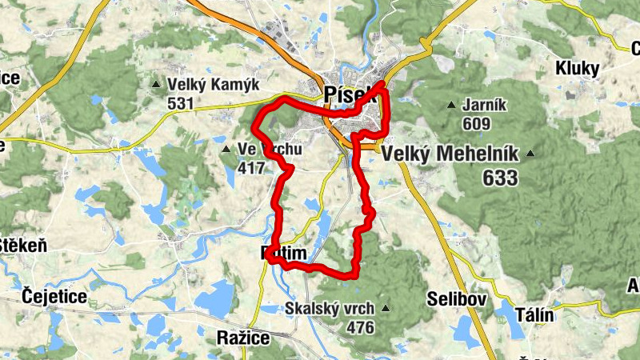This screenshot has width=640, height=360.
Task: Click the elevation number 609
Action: coord(475,123)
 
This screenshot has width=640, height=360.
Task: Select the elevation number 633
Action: coord(500,178)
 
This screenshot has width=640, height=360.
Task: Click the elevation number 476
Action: coord(360,327)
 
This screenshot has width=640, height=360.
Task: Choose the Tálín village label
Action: coord(530,314)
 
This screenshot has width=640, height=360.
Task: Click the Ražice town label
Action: coord(244,338)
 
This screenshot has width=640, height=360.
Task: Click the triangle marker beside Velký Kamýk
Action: coord(156,83)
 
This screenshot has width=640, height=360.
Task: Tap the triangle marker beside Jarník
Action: coord(451,105)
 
